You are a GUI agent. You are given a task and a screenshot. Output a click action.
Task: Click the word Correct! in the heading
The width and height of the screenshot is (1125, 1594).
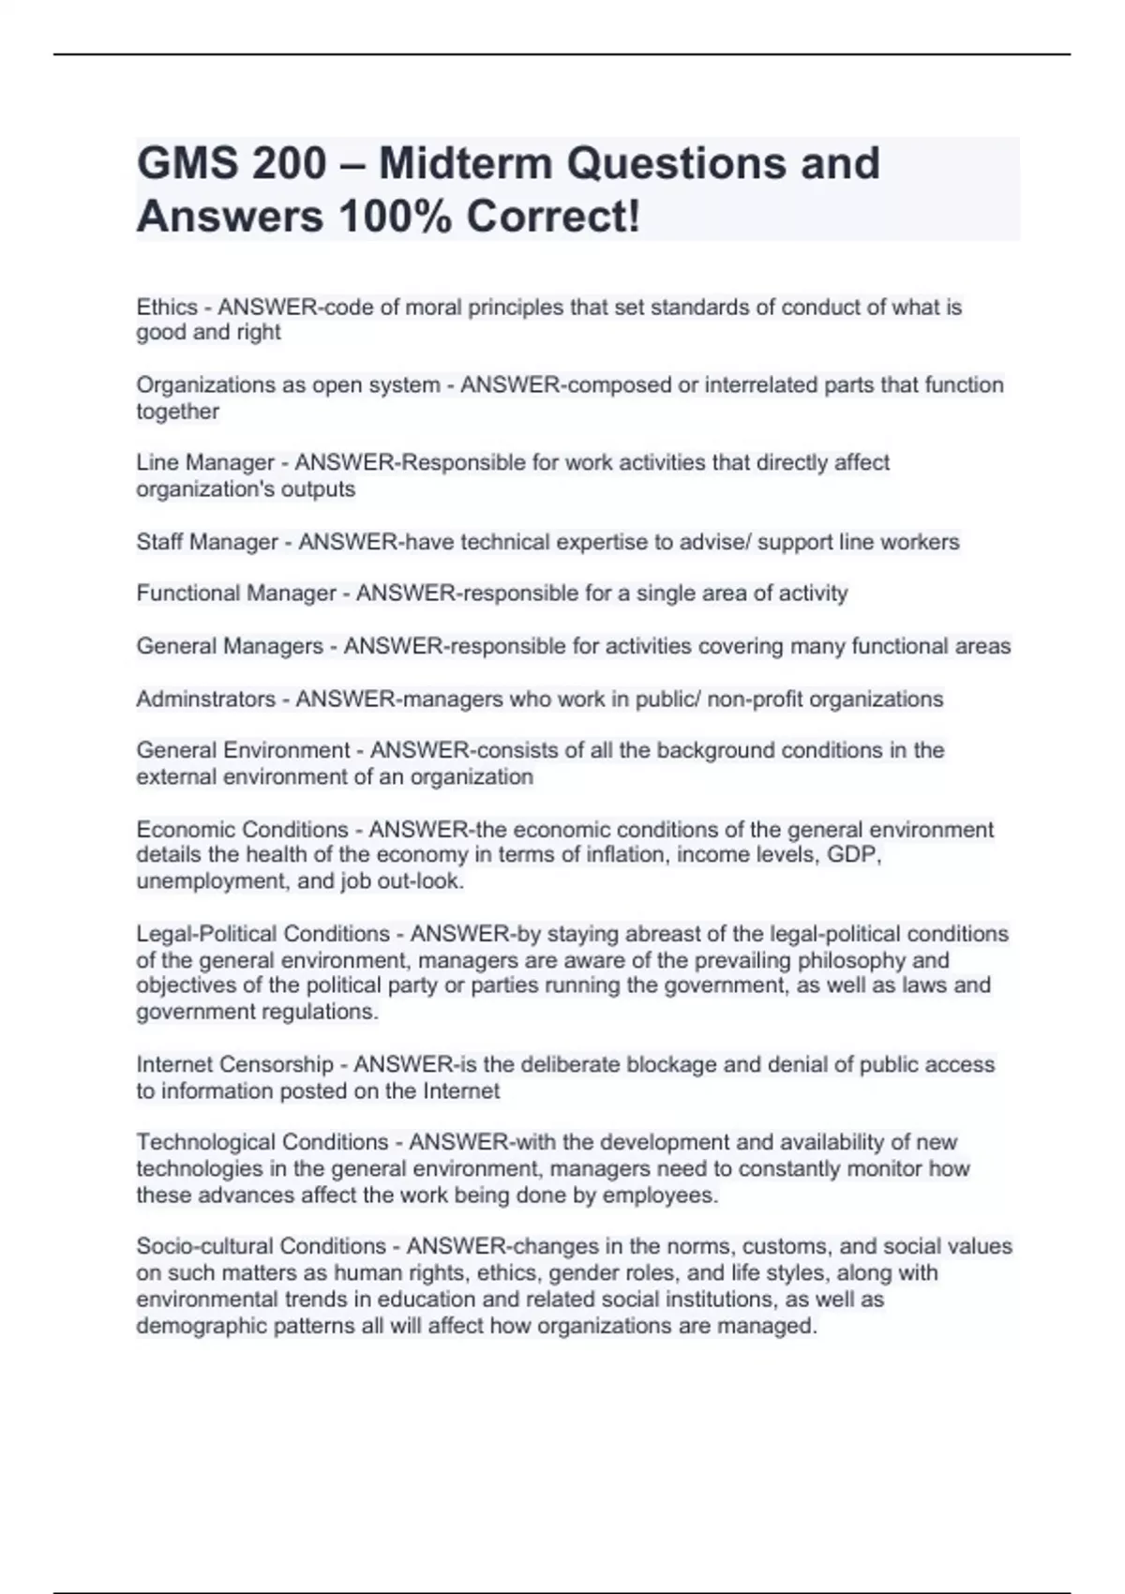[x=554, y=217]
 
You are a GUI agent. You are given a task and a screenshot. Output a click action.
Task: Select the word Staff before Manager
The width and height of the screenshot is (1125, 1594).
[x=160, y=542]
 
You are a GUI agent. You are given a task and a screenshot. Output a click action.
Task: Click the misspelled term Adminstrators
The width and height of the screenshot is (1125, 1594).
[x=206, y=699]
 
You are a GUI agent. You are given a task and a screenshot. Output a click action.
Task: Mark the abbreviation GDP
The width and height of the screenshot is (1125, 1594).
[x=853, y=855]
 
